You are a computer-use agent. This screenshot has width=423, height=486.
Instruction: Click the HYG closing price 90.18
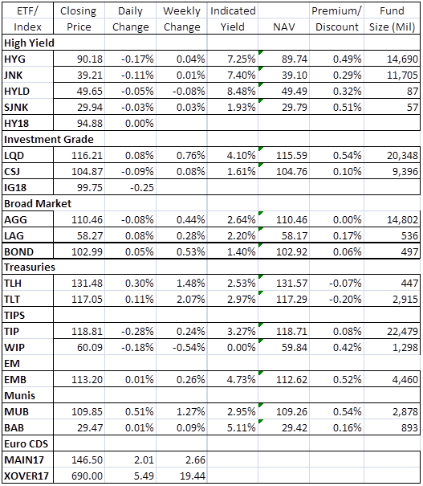(90, 59)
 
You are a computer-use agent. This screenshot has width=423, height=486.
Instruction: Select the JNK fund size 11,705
(403, 75)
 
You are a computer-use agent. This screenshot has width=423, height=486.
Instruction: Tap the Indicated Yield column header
(233, 19)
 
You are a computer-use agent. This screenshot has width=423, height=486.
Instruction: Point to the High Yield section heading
(29, 43)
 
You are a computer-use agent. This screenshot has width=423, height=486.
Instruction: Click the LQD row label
(14, 155)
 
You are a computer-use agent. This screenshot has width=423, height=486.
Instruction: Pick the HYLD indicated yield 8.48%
(242, 91)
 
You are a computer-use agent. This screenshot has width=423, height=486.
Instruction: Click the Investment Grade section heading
(49, 140)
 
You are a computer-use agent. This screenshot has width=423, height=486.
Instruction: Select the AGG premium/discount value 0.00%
(347, 220)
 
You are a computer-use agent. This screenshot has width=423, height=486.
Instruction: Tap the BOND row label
(18, 251)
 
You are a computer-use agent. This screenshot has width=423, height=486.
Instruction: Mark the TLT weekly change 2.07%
(190, 299)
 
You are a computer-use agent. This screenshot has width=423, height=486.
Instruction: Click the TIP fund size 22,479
(403, 331)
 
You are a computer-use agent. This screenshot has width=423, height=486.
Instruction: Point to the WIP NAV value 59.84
(295, 348)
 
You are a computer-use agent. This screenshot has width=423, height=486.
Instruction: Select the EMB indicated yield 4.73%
(242, 379)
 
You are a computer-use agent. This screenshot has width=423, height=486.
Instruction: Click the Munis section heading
(19, 395)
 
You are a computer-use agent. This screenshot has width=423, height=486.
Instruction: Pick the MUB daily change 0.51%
(140, 411)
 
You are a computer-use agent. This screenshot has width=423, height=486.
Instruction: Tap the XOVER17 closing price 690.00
(87, 476)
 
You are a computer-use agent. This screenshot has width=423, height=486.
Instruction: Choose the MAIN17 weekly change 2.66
(195, 459)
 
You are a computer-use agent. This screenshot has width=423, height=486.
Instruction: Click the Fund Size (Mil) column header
(392, 19)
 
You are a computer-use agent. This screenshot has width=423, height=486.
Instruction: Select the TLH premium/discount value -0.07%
(345, 283)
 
